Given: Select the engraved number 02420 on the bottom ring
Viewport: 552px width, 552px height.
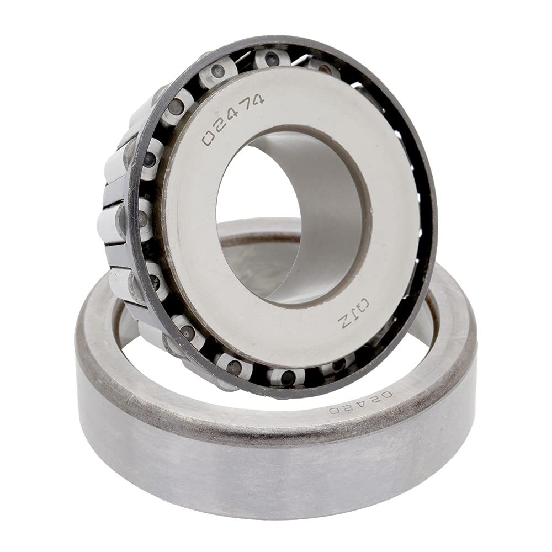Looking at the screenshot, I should (x=361, y=404).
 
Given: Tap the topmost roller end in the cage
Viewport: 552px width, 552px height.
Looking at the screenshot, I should (x=271, y=58).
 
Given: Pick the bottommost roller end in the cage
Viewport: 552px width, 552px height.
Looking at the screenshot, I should (x=288, y=378).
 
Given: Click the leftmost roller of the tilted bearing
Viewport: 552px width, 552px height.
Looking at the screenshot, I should (x=110, y=221).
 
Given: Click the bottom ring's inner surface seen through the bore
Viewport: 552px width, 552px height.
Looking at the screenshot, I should (x=259, y=265).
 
